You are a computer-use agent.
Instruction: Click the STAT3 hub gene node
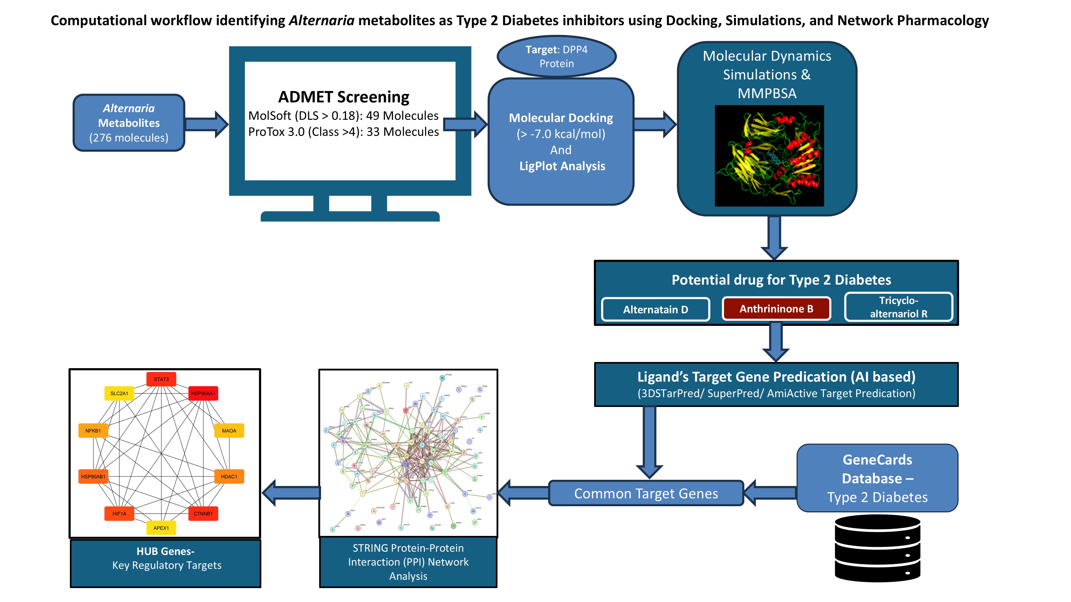coord(161,379)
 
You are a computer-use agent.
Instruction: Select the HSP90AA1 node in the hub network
coord(203,393)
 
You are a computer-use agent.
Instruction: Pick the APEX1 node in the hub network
coord(161,528)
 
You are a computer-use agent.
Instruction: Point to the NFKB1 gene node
coord(93,431)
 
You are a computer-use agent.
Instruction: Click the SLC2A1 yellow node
coord(119,393)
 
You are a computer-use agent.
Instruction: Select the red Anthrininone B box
coord(776,309)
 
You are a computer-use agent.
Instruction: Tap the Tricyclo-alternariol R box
coord(899,307)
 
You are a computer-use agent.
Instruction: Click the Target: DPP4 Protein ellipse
coord(556,56)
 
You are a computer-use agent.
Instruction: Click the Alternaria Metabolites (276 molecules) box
coord(129,123)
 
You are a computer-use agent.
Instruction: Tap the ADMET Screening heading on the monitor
coord(344,97)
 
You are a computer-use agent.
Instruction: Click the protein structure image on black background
coord(769,156)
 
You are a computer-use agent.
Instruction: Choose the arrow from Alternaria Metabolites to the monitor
coord(206,124)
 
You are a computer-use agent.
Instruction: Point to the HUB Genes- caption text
coord(165,551)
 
